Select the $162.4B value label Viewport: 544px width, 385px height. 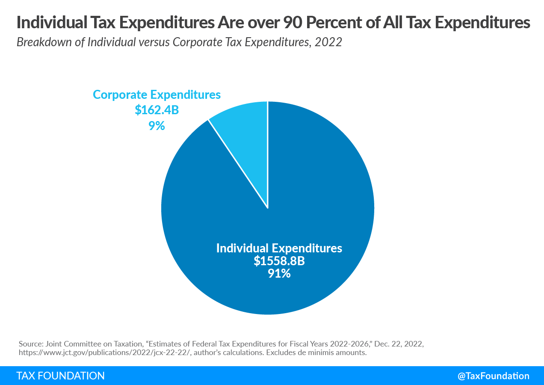[157, 110]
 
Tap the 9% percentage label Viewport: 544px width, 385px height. [157, 126]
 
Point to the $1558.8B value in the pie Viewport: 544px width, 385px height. [279, 261]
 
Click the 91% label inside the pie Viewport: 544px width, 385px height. [279, 273]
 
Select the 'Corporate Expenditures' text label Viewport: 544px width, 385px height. [157, 95]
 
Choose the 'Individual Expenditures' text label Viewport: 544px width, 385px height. [279, 248]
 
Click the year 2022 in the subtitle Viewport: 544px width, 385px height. [330, 43]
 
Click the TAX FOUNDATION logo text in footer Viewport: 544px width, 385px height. [60, 376]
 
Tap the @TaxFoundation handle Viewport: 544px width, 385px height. [493, 376]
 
